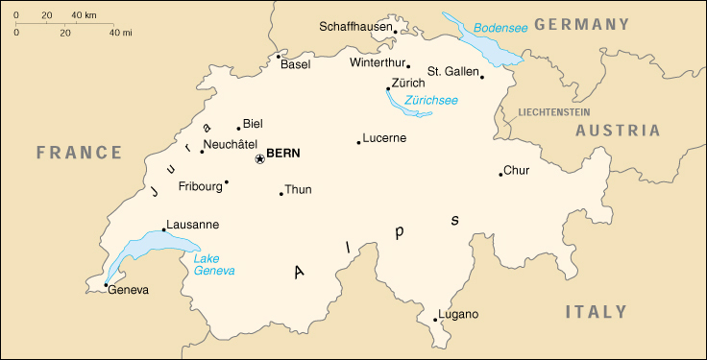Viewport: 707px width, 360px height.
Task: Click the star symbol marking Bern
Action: click(x=259, y=158)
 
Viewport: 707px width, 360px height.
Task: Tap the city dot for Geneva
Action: click(x=106, y=284)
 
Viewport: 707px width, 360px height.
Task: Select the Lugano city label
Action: click(x=458, y=314)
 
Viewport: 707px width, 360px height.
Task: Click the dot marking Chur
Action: click(x=501, y=175)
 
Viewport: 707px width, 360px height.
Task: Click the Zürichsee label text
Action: click(x=431, y=100)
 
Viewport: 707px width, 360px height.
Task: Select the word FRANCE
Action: click(x=79, y=153)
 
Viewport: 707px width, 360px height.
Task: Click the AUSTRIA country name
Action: click(x=618, y=131)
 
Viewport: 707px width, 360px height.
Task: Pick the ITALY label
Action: click(x=596, y=311)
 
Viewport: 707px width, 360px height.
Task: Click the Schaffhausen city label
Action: click(x=355, y=27)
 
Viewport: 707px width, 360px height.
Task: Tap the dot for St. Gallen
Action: click(x=482, y=77)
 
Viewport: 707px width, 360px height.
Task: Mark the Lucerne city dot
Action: click(x=359, y=142)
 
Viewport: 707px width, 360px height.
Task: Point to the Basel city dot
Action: click(x=279, y=56)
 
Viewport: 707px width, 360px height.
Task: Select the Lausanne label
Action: click(x=192, y=225)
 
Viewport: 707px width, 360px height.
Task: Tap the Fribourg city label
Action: click(x=200, y=187)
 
